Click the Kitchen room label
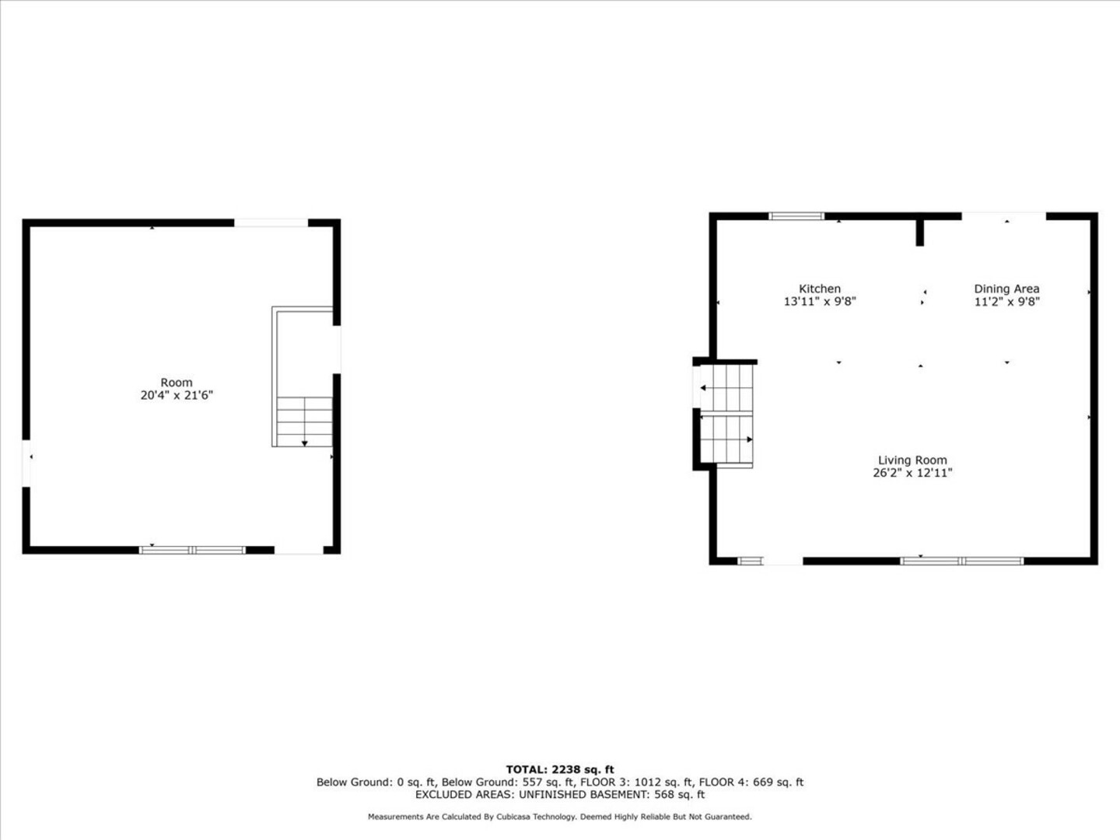(x=820, y=289)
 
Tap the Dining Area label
(x=1006, y=289)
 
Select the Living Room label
(x=912, y=460)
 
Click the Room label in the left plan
(x=177, y=383)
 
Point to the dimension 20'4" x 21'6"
(x=177, y=395)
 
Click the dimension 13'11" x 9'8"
(x=820, y=302)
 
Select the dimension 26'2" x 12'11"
(x=912, y=473)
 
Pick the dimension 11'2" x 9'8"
(x=1006, y=302)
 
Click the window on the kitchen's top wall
(x=796, y=216)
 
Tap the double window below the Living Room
(x=962, y=561)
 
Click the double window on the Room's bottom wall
(x=192, y=550)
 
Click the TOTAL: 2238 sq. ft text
(x=560, y=770)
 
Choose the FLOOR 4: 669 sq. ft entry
(x=751, y=782)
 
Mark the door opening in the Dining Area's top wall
(x=1003, y=216)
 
